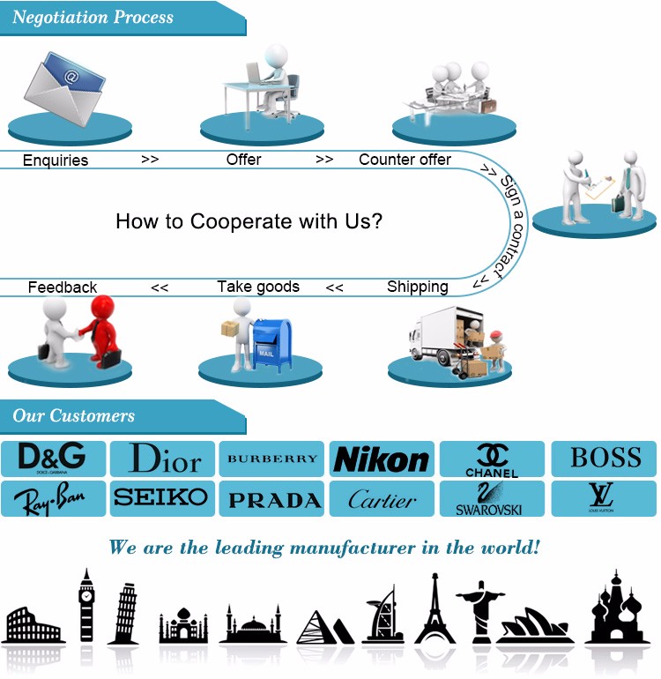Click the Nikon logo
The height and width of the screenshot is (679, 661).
pos(382,459)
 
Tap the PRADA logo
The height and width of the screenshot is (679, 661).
pos(274,500)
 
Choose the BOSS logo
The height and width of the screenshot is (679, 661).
pos(605,458)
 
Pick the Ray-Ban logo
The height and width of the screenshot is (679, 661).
pos(54,500)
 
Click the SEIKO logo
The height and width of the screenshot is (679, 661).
pos(161,497)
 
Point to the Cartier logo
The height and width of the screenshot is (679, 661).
pos(382,500)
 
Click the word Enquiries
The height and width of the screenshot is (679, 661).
pos(56,160)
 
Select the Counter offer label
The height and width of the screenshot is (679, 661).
pos(405,160)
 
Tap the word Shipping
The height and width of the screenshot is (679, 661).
pos(417,287)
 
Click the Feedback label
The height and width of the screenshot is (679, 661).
pos(63,287)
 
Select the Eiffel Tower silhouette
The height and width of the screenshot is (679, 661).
pos(434,608)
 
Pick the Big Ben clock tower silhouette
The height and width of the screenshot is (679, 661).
pos(86,606)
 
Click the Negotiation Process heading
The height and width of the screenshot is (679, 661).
pos(93,17)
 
